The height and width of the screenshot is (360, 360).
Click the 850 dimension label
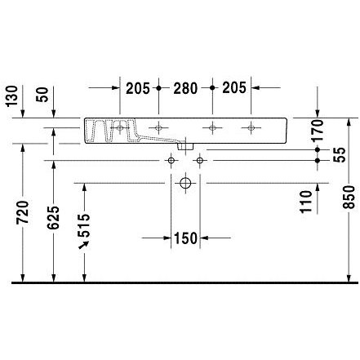pos(349,197)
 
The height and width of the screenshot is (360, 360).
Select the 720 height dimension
pos(22,212)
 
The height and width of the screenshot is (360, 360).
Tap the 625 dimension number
pos(53,217)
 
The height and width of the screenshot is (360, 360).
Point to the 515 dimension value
pos(83,225)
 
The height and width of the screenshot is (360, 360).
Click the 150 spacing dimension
pos(185,238)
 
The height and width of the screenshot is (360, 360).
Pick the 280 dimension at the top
pos(185,88)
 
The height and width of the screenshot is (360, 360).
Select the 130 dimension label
pos(12,96)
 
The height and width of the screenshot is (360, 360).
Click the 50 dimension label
pos(42,95)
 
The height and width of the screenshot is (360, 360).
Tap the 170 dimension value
pos(318,131)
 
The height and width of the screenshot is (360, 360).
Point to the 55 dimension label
pos(340,154)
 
